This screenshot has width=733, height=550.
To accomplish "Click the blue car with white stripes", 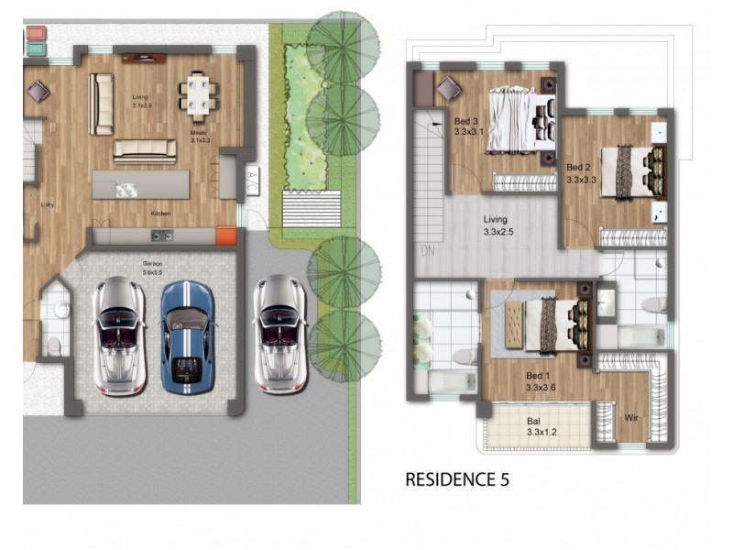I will point(187,334).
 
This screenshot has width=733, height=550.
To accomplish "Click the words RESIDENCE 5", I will point(456,478).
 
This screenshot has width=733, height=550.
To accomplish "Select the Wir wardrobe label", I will point(630,418).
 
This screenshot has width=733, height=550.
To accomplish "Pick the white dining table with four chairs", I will point(199,95).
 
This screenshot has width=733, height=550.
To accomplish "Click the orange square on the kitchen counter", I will point(226,236).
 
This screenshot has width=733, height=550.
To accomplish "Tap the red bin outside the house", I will point(36,33).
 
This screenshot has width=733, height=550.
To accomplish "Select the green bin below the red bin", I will point(36,46).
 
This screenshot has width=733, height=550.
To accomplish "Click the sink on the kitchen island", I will point(126,190).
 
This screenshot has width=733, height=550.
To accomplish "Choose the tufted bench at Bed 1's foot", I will point(510,325).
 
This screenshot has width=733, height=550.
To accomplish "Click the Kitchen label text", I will point(161,214).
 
